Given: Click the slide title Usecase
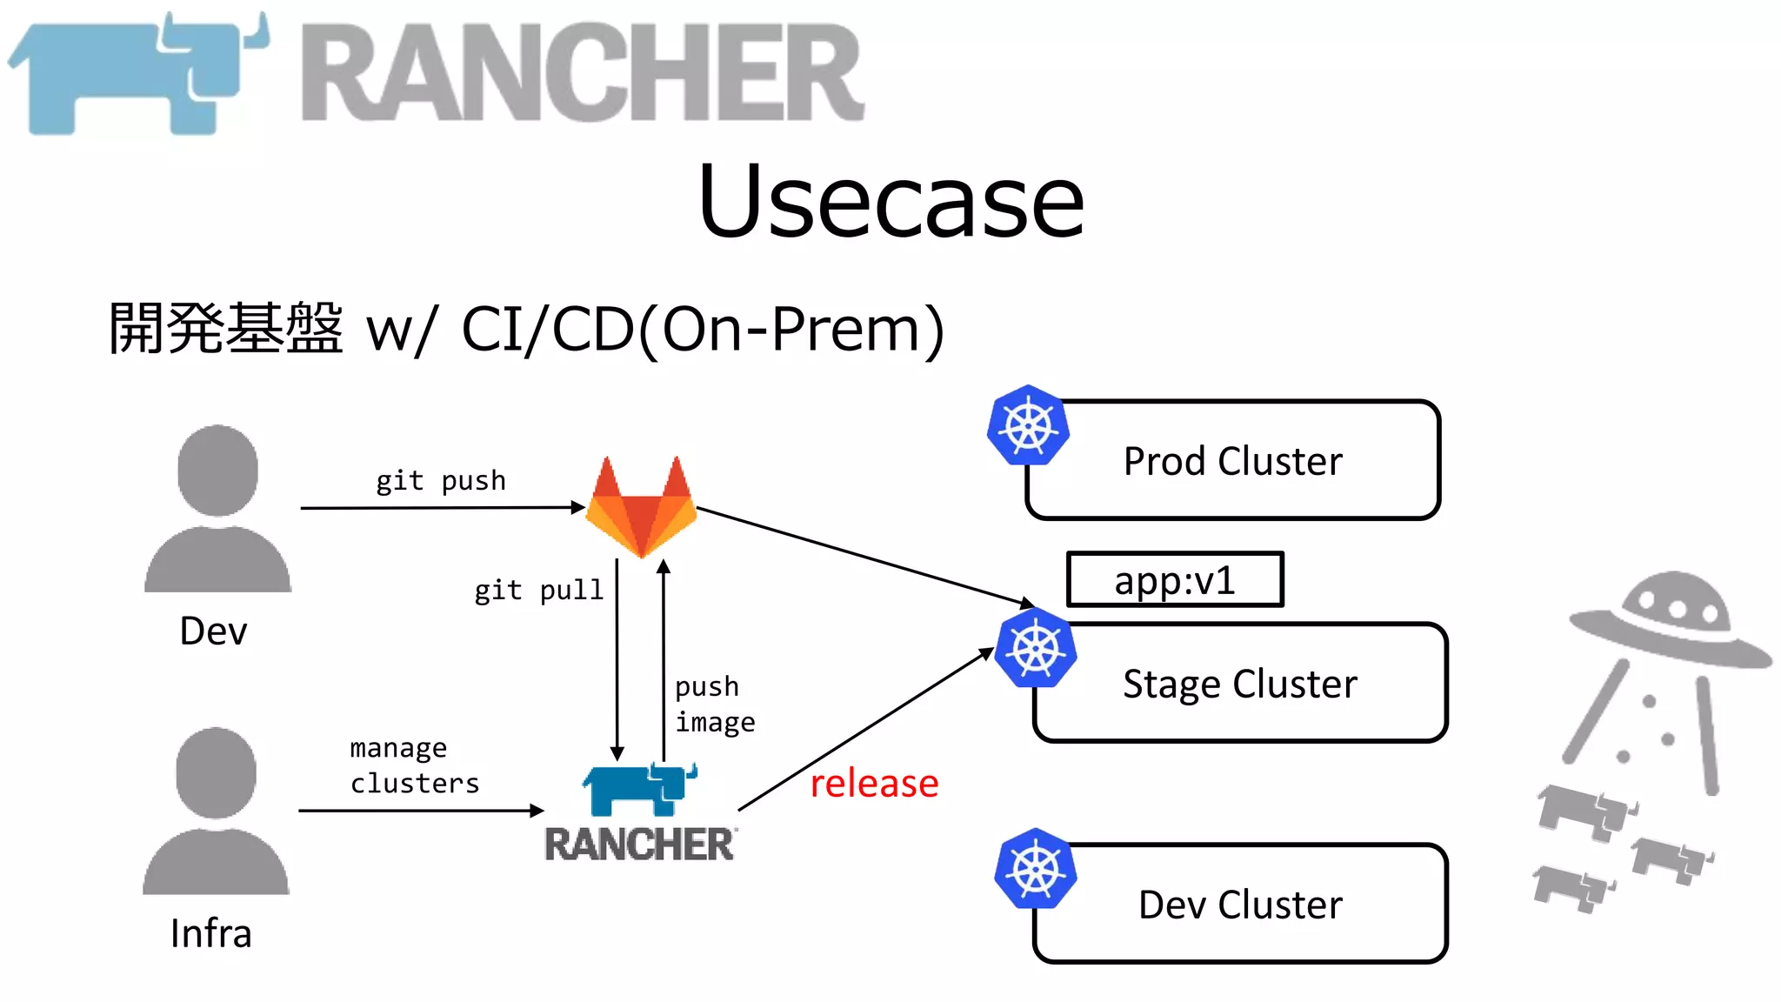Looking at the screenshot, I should point(890,202).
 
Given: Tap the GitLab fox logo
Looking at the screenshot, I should point(641,509).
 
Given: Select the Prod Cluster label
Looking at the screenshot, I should point(1232,461).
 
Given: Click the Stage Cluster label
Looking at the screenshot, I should point(1239,684).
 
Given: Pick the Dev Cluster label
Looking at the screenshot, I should point(1240,905).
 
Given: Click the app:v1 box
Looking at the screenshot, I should point(1175,579).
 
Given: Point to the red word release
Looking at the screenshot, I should point(874,783).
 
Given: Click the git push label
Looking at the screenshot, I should point(440,480).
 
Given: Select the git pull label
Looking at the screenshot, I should point(538,591).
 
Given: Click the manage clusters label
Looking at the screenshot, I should point(414,765).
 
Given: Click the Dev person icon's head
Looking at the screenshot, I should point(217,470).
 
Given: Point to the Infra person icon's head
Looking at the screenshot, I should point(216,772).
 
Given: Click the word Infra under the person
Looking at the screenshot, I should point(211,933).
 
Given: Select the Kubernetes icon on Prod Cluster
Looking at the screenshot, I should point(1028,426).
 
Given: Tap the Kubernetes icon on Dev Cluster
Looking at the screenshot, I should point(1035,869).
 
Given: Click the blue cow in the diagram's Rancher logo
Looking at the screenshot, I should point(639,789).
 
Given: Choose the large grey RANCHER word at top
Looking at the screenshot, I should point(583,73).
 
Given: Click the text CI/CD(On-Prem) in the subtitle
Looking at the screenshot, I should point(702,329).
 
